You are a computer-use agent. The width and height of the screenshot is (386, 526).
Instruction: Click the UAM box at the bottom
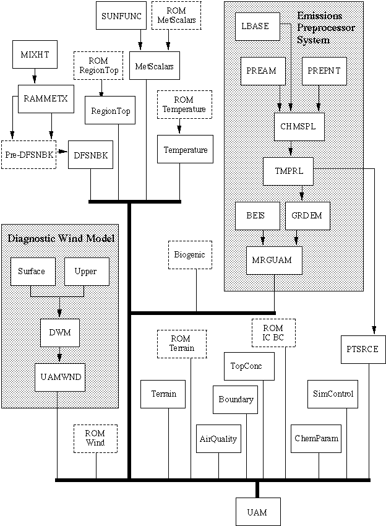point(257,512)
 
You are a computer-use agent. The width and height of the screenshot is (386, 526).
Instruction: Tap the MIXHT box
point(34,54)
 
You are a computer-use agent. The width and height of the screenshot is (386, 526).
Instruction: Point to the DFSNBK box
point(91,155)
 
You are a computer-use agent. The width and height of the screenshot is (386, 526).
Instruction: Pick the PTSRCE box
point(363,350)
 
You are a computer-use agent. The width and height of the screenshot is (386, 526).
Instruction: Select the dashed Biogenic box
point(189,254)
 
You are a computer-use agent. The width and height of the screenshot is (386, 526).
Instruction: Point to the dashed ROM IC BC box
point(273,332)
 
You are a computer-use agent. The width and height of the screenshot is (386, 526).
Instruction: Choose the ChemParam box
point(316,438)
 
